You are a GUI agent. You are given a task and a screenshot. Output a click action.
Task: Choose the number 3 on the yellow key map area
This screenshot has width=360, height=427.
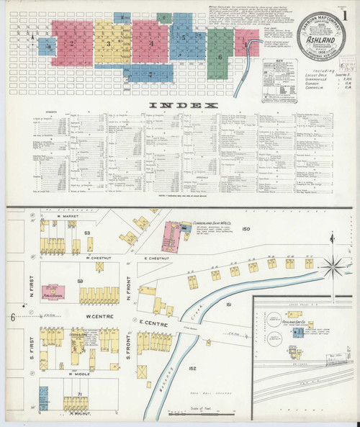point(109,45)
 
